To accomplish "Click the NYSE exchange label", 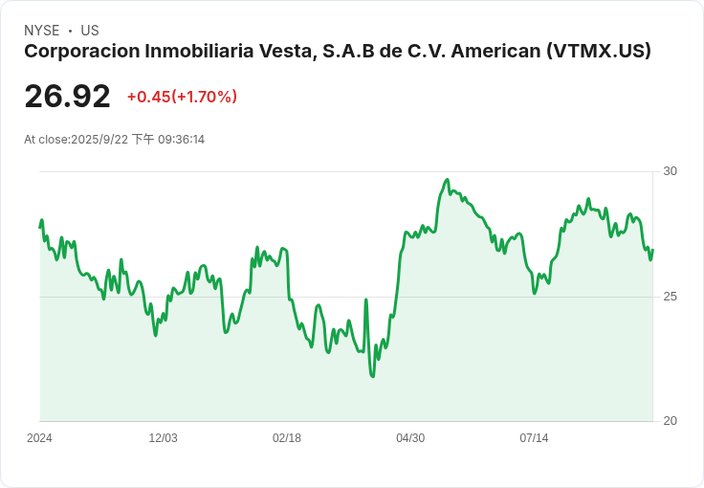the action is [x=42, y=31].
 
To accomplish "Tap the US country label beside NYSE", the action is [x=90, y=31].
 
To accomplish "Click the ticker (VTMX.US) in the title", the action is [x=599, y=51].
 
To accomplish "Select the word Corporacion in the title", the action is [x=82, y=51].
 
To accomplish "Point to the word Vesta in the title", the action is [x=286, y=51].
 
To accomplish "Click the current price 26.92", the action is [x=67, y=96].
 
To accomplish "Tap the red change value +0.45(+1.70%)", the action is [x=183, y=97].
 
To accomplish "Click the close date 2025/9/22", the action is [x=99, y=140].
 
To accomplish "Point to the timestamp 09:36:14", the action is [x=182, y=140].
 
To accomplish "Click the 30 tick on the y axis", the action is [x=670, y=171].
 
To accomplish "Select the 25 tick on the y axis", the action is [x=670, y=297].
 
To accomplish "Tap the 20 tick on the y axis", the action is [x=670, y=421].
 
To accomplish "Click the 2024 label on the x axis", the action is [x=39, y=438].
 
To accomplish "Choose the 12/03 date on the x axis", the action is [x=163, y=438].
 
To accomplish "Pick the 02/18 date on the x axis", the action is [x=287, y=438].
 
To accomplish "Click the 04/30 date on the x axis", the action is [x=410, y=438].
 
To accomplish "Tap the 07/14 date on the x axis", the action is [x=535, y=438].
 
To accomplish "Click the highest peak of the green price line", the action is [x=447, y=180].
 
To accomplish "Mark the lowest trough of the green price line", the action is [x=373, y=376].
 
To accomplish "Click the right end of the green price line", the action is [x=652, y=250].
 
